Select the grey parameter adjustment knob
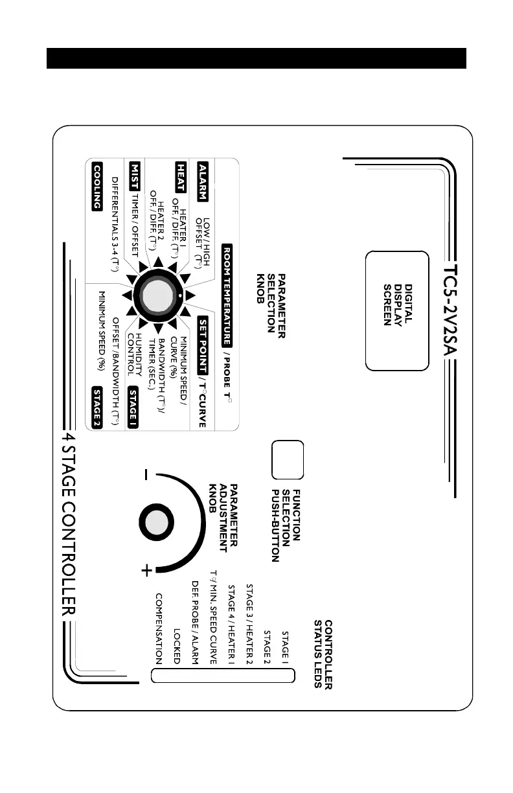[x=155, y=523]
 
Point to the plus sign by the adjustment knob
[x=148, y=570]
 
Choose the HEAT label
[x=183, y=174]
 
